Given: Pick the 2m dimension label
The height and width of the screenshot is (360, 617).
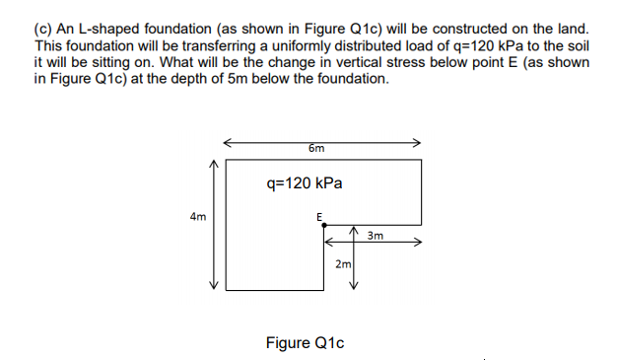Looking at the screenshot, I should [342, 265].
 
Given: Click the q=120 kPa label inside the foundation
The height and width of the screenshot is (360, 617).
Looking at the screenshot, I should [305, 182].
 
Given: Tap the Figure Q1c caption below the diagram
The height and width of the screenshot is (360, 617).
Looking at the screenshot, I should [305, 342].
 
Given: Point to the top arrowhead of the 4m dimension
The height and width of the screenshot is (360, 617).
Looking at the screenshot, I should [210, 166].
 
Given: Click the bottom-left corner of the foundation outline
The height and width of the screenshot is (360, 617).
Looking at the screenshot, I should [226, 288].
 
